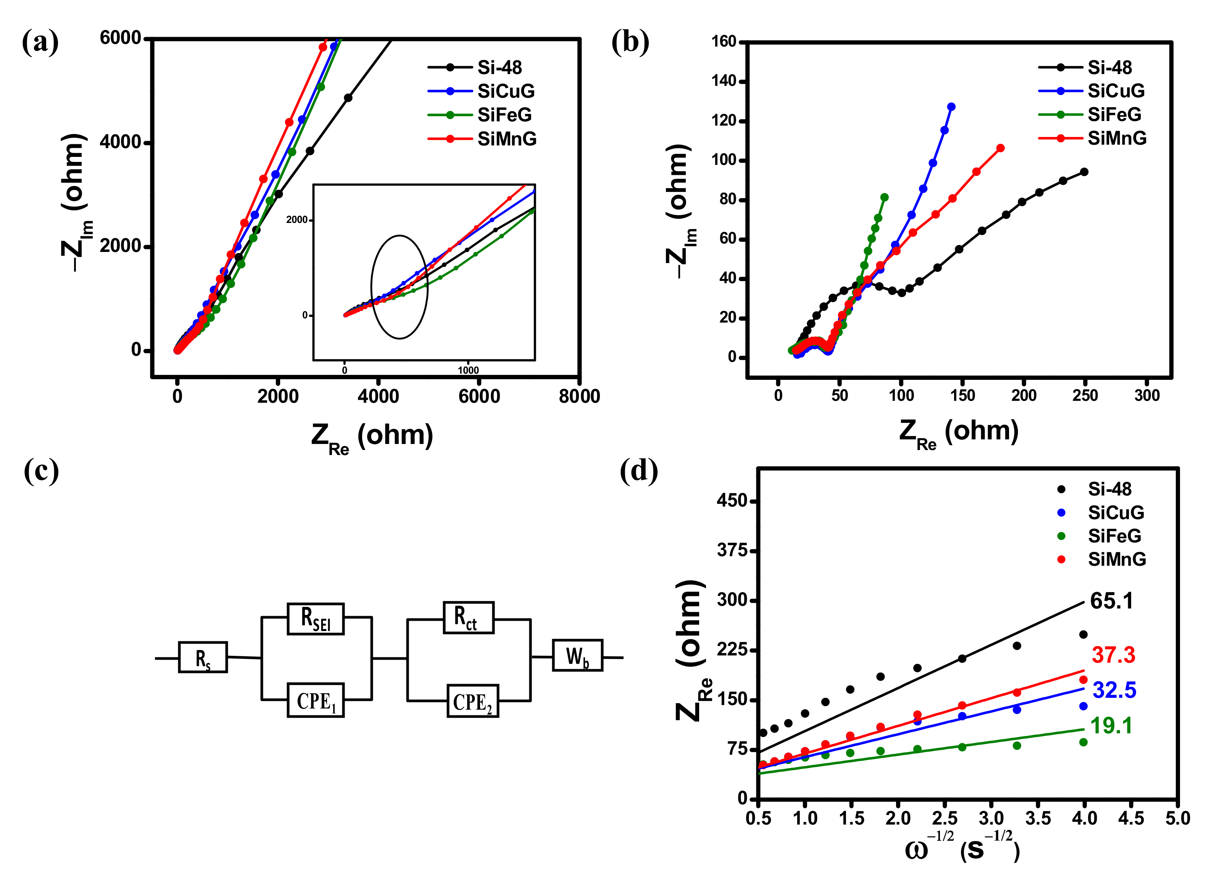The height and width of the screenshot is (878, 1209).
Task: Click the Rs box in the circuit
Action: [x=203, y=657]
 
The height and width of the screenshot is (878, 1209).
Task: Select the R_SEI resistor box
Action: [x=316, y=618]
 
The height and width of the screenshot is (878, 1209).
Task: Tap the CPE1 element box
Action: [x=316, y=700]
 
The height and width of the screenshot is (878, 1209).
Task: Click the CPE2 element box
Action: [x=472, y=701]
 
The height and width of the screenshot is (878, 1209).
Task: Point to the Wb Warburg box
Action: [x=577, y=655]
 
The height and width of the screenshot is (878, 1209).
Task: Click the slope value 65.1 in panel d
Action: [x=1111, y=601]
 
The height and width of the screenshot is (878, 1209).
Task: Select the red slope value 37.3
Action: [x=1113, y=655]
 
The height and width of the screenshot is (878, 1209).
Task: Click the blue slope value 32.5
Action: [x=1114, y=690]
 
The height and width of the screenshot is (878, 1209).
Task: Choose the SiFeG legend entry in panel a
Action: [x=504, y=115]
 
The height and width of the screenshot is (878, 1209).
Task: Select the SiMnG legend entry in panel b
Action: [x=1116, y=138]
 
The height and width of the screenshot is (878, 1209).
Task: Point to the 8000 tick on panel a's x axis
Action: [x=579, y=396]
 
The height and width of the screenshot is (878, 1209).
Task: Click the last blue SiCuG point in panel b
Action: [x=951, y=107]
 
